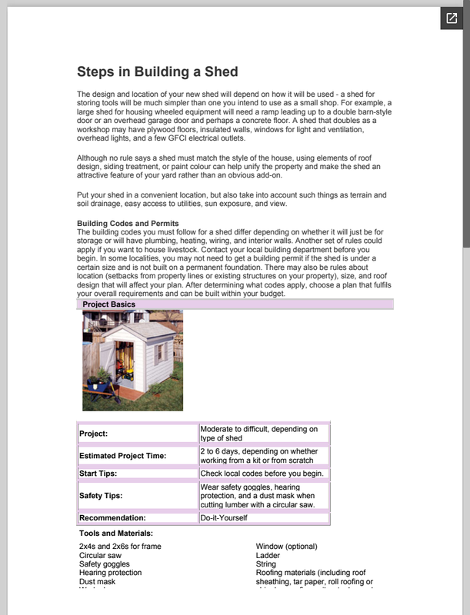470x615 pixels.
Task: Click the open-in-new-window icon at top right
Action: (x=451, y=18)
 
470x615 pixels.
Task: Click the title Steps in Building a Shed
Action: (x=157, y=72)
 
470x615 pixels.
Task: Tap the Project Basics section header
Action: (x=108, y=304)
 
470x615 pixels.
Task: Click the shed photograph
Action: (x=132, y=360)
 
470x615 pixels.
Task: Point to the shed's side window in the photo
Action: (x=161, y=353)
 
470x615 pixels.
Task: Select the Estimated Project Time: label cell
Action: (x=122, y=456)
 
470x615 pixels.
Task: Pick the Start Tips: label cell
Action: (x=98, y=474)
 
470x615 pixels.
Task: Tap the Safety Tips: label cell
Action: (x=102, y=496)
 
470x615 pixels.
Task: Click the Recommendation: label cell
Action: (x=112, y=518)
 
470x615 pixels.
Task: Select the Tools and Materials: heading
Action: (x=116, y=533)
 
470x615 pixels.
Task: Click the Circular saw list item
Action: (x=100, y=555)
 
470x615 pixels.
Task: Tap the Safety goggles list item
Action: (x=104, y=563)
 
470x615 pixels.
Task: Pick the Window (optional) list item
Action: (x=286, y=547)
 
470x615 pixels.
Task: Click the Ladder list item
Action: (x=268, y=555)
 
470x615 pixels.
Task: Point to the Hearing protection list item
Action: (x=110, y=573)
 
